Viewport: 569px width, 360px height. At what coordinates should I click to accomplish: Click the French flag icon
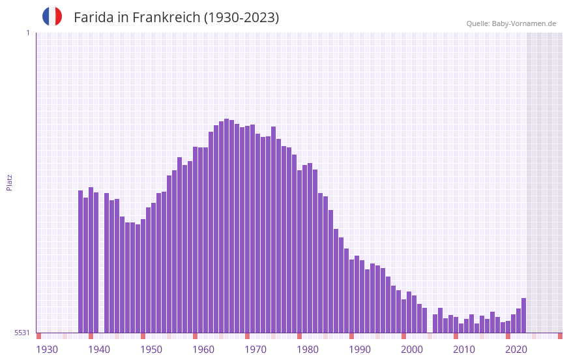click(x=52, y=16)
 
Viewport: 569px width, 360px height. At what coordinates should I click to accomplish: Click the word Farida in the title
click(x=94, y=18)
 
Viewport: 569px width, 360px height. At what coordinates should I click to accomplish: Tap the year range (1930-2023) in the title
click(x=242, y=18)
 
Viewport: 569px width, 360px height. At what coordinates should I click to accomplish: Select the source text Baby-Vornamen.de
click(x=524, y=23)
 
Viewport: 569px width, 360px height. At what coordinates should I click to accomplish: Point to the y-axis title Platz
click(x=9, y=182)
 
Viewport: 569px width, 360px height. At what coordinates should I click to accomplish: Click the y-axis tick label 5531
click(x=22, y=333)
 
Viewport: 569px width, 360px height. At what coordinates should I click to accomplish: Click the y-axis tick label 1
click(x=27, y=33)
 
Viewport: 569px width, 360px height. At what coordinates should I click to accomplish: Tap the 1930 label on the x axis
click(x=47, y=350)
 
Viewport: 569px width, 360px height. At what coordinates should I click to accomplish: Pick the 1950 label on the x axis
click(x=151, y=350)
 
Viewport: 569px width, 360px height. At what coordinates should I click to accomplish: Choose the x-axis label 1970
click(x=255, y=350)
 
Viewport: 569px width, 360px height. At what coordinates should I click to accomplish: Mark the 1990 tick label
click(x=360, y=350)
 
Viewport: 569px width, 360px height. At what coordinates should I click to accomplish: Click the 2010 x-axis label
click(x=464, y=350)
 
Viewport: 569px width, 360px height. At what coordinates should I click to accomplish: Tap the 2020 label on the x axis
click(x=516, y=350)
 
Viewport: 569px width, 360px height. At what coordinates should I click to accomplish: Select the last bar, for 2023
click(x=523, y=316)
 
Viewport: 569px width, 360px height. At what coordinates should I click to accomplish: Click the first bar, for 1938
click(x=81, y=261)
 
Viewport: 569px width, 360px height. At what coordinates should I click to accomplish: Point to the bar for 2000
click(x=404, y=316)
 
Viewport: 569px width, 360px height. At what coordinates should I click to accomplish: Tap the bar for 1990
click(x=352, y=296)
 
